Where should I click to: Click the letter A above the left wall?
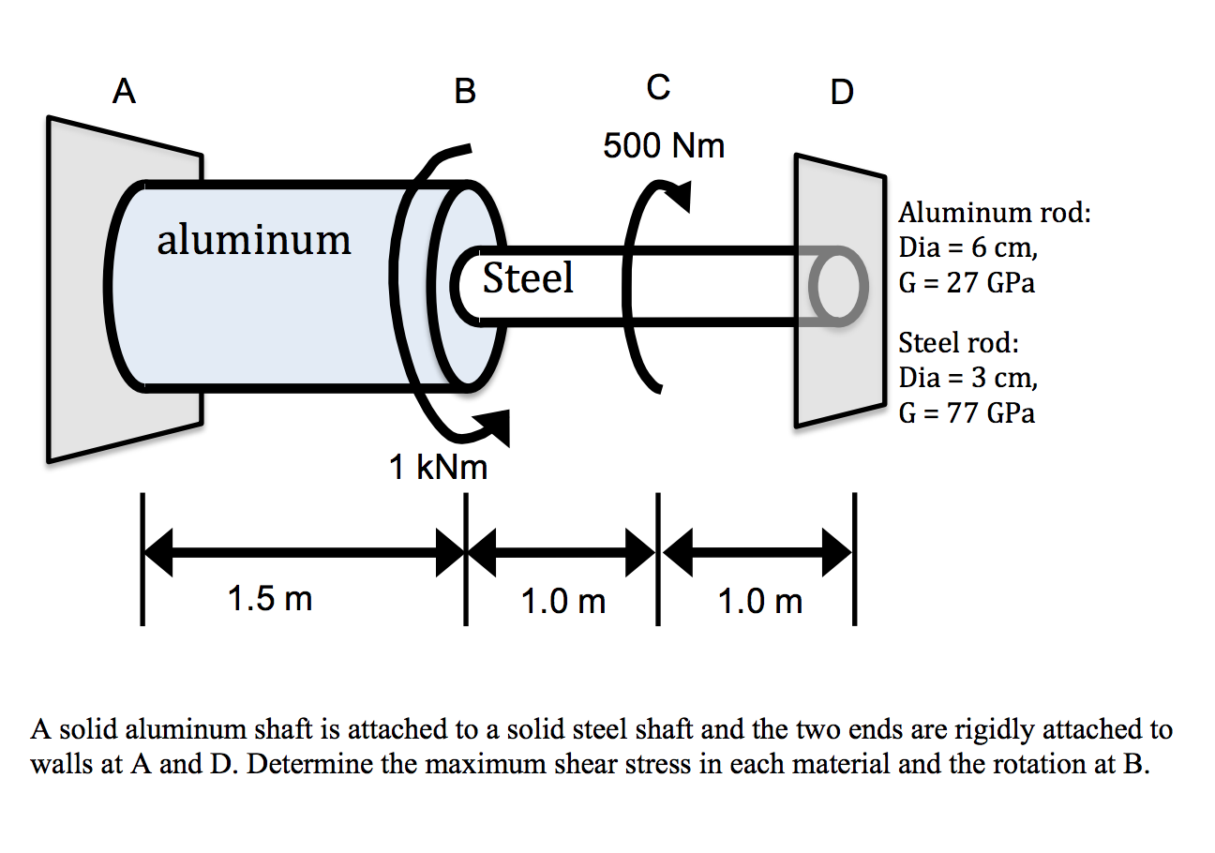pyautogui.click(x=124, y=91)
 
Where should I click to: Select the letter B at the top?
pyautogui.click(x=464, y=91)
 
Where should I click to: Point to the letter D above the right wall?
pyautogui.click(x=842, y=92)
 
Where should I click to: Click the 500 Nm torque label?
pyautogui.click(x=664, y=146)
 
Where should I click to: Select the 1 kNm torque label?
pyautogui.click(x=439, y=467)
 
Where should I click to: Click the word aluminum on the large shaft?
pyautogui.click(x=254, y=240)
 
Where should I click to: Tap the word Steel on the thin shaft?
pyautogui.click(x=528, y=277)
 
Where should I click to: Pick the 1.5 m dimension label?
pyautogui.click(x=270, y=599)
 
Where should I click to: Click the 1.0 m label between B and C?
pyautogui.click(x=563, y=601)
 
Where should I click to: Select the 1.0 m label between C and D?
pyautogui.click(x=760, y=601)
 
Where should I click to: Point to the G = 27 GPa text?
pyautogui.click(x=967, y=284)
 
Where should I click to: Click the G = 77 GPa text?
pyautogui.click(x=967, y=413)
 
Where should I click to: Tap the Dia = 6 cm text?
pyautogui.click(x=968, y=248)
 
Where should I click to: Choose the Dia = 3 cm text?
pyautogui.click(x=968, y=378)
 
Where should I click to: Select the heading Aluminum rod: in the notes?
pyautogui.click(x=995, y=213)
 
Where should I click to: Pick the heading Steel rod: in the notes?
pyautogui.click(x=958, y=342)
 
